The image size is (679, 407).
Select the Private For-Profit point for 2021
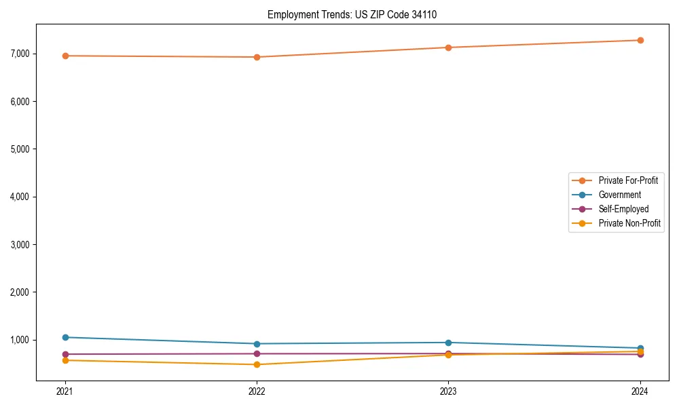click(65, 56)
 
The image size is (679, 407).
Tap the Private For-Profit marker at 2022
click(257, 57)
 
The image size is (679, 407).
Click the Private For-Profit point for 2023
click(448, 47)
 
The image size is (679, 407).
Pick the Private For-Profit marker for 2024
click(640, 40)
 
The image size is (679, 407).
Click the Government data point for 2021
click(65, 337)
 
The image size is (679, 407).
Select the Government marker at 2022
click(257, 344)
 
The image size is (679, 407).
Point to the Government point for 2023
click(448, 343)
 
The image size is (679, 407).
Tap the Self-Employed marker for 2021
click(65, 354)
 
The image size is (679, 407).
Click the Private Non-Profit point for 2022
click(257, 364)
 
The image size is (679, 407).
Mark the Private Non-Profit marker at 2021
click(65, 360)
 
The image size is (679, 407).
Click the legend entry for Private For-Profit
click(628, 180)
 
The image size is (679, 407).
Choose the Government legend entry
click(619, 195)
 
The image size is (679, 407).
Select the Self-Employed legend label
click(623, 209)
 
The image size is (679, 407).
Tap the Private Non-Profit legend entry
click(629, 223)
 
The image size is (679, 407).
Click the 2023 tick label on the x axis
click(448, 391)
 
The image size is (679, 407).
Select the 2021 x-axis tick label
click(65, 391)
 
